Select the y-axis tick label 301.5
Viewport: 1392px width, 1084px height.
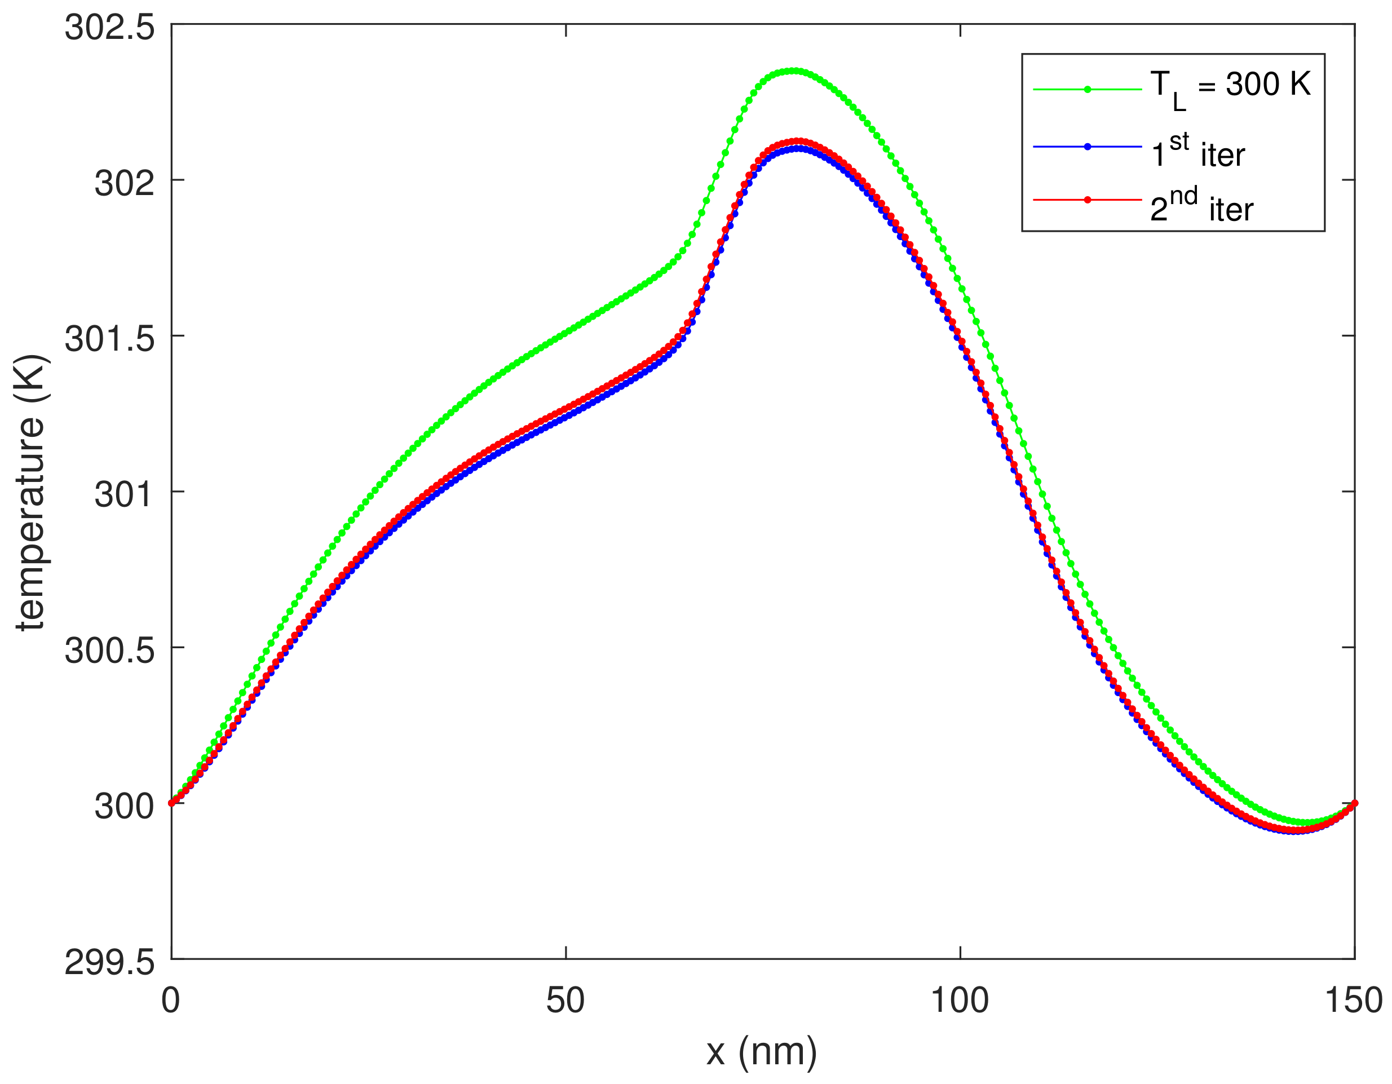[109, 339]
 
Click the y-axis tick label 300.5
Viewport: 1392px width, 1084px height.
[109, 651]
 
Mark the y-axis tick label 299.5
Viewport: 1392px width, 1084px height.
[109, 962]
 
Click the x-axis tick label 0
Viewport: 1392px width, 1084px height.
[171, 1001]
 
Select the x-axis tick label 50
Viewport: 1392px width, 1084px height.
[565, 1001]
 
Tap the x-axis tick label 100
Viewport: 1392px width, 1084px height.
[960, 1001]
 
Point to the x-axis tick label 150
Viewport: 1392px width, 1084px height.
[1354, 1001]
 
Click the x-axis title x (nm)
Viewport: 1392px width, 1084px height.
[762, 1052]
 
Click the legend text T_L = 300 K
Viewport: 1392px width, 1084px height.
[1230, 88]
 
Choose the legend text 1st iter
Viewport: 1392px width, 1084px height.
[1198, 151]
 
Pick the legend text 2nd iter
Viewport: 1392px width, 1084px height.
[1202, 206]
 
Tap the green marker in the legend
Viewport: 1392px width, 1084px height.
[1088, 89]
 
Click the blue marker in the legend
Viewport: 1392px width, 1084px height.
[1088, 147]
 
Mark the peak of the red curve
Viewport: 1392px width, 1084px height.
[797, 141]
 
